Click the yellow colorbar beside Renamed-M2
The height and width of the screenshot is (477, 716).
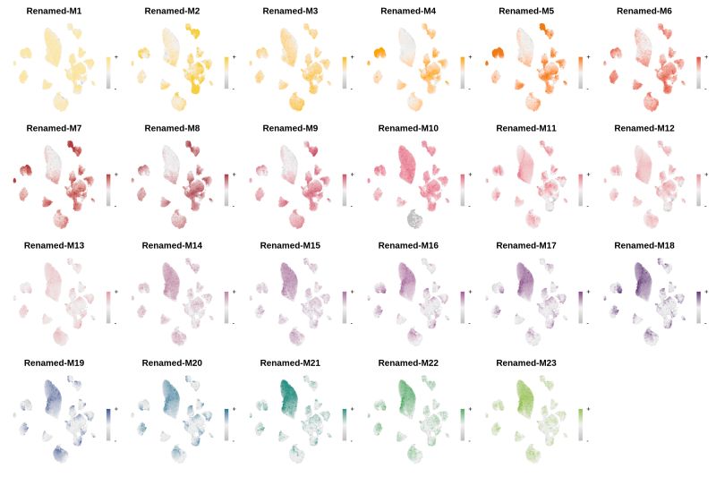point(226,72)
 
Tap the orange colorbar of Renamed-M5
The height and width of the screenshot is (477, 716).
point(581,72)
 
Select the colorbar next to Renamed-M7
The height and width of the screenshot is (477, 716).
point(108,190)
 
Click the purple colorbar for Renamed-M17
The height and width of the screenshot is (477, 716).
point(581,307)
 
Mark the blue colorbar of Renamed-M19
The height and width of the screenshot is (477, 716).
point(108,424)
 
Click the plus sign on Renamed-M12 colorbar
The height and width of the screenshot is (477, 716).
point(707,175)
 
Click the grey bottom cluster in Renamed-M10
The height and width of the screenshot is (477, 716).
point(413,218)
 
